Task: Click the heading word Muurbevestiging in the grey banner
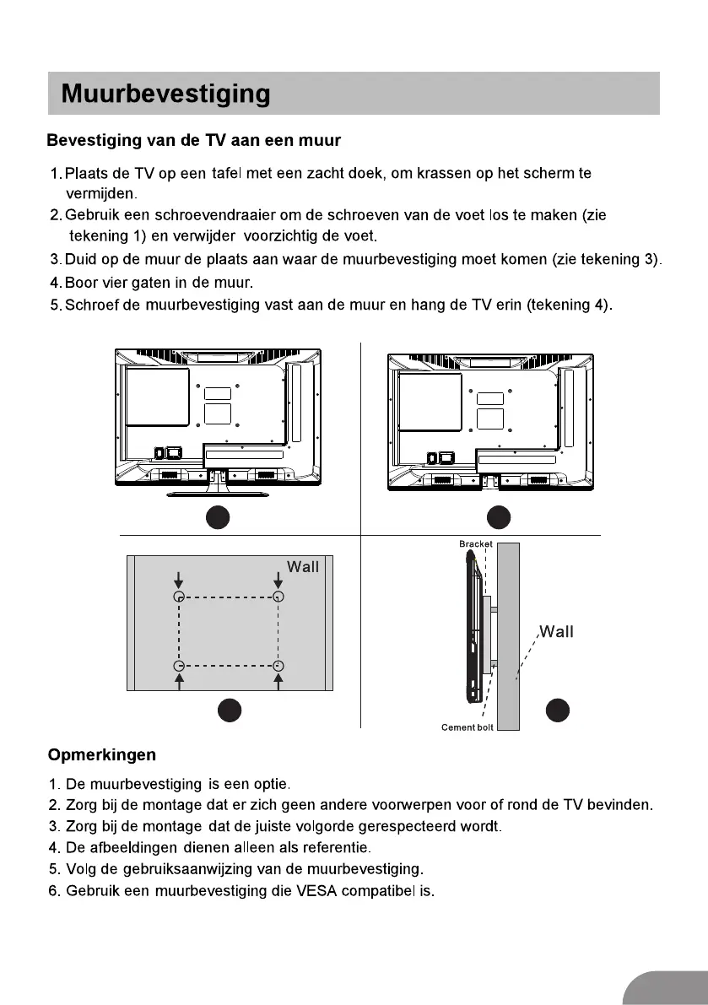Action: [165, 94]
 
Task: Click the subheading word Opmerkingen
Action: [101, 754]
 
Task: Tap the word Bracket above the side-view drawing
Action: [476, 544]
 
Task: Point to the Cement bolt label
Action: [467, 727]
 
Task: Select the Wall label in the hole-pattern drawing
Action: [303, 567]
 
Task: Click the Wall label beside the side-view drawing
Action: [556, 632]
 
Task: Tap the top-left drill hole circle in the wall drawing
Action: [179, 597]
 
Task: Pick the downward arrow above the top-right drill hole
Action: [278, 581]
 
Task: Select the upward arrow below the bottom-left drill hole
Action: [179, 681]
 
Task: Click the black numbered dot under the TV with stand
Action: [219, 516]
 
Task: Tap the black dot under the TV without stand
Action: [498, 516]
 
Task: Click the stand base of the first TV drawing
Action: [219, 494]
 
